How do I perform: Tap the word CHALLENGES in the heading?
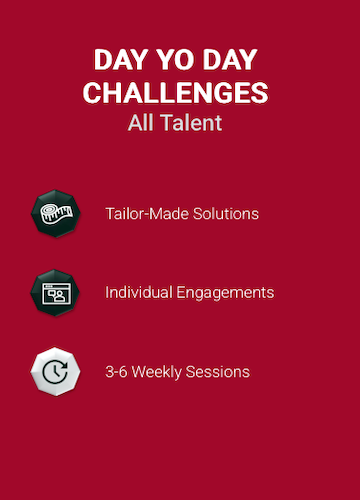175,93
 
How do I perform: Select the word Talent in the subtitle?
192,123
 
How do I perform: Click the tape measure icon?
56,214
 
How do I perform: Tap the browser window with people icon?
55,293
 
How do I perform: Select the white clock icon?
55,372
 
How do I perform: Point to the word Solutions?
226,214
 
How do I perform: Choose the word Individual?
138,292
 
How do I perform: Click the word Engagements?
225,293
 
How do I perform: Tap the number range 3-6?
116,372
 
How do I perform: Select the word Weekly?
157,372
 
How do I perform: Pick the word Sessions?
218,372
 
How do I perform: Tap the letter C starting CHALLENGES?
92,93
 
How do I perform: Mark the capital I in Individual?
107,292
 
